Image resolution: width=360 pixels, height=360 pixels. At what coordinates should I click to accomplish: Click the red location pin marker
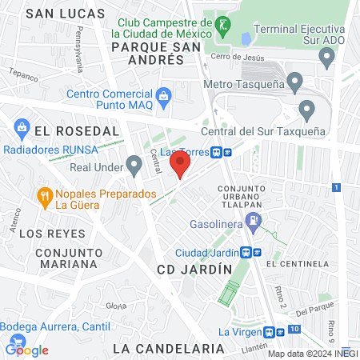tap(179, 165)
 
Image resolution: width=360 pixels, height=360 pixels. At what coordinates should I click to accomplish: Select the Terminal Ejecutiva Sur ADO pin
tap(326, 58)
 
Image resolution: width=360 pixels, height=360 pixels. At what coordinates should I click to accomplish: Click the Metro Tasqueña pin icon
tap(295, 82)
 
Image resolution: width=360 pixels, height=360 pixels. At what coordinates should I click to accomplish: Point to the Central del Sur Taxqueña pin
tap(306, 110)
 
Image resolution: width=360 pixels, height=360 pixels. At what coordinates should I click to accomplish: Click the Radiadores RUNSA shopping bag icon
tap(21, 127)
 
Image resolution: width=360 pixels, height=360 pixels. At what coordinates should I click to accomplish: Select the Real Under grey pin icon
tap(134, 166)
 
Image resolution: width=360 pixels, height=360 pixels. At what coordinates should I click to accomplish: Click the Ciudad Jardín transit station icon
tap(251, 252)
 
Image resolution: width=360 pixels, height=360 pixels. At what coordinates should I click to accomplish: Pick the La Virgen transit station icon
tap(274, 332)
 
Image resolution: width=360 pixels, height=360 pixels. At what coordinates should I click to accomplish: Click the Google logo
tap(26, 350)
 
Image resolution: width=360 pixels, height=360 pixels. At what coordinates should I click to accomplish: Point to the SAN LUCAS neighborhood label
tap(65, 14)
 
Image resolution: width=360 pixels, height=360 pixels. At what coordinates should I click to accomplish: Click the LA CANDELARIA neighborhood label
tap(168, 349)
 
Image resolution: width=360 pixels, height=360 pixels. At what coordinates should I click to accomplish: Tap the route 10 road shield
tap(295, 330)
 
